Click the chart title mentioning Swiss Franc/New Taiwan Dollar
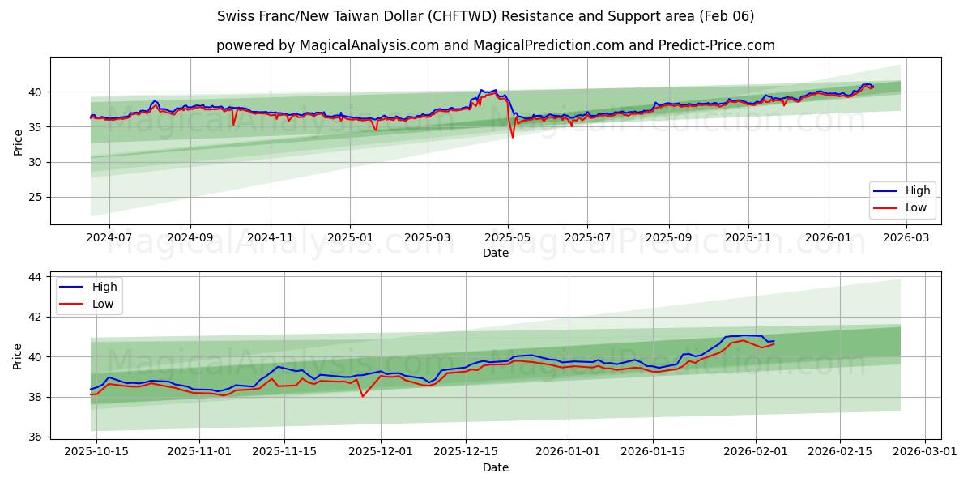tap(486, 16)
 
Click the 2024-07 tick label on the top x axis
tap(108, 237)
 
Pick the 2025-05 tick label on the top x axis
tap(508, 237)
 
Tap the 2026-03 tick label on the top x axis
tap(906, 237)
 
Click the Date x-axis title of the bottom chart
tap(496, 467)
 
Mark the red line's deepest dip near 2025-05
tap(512, 137)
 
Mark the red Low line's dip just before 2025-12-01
tap(362, 396)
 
